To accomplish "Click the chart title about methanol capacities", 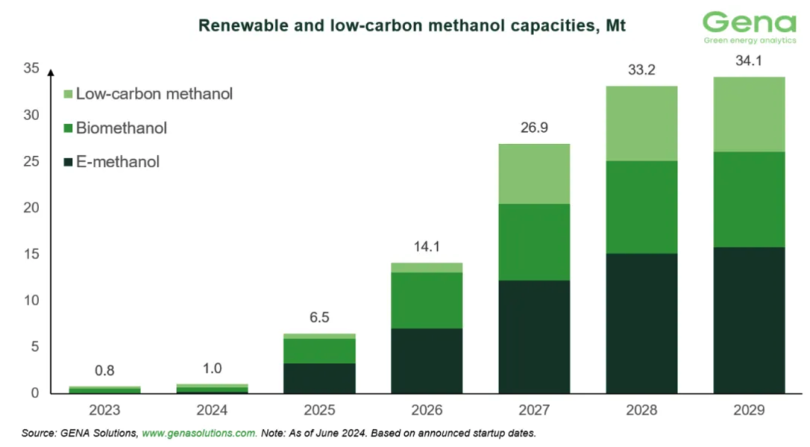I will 412,25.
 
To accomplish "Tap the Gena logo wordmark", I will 749,22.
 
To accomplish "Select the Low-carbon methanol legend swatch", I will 67,94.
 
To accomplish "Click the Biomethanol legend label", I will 121,128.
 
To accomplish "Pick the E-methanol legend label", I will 118,161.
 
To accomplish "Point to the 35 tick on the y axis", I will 31,69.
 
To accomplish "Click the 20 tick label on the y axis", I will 31,208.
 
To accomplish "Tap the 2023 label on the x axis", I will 104,411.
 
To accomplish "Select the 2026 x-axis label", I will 427,411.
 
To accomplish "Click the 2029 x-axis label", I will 749,411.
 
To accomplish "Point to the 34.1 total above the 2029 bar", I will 749,61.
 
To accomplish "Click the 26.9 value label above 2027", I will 534,127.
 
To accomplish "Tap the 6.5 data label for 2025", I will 319,317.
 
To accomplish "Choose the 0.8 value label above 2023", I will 104,370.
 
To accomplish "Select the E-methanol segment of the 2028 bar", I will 642,323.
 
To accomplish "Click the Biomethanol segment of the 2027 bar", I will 534,241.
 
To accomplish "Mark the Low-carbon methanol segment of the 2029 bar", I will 749,114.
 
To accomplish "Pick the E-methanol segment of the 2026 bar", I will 427,361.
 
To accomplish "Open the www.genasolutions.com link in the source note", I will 199,433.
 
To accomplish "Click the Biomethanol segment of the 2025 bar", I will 319,351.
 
